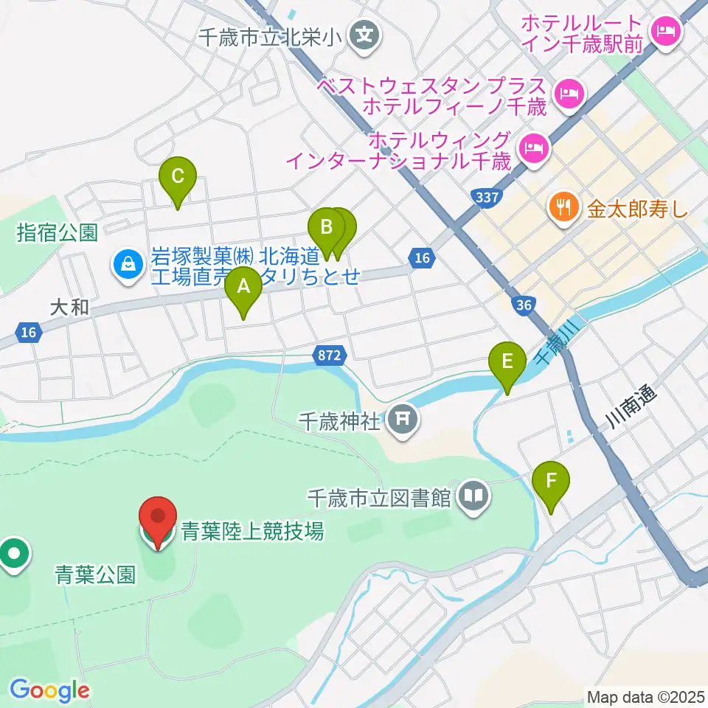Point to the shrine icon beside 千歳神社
coord(403,421)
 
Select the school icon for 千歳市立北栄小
coord(364,33)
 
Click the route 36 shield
coord(524,305)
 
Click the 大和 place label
coord(71,307)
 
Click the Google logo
coord(49,690)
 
